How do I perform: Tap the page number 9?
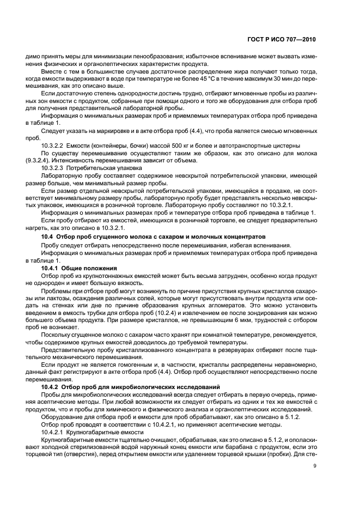[315, 466]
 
